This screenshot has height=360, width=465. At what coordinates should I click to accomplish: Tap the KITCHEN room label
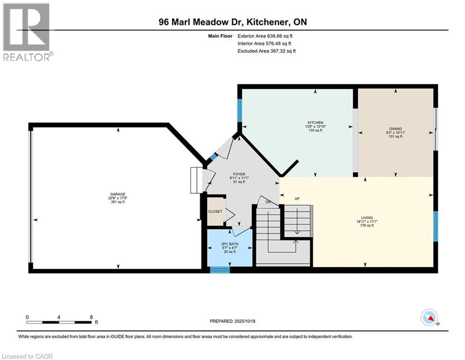point(314,123)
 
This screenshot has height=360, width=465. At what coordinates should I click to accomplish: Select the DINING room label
point(396,129)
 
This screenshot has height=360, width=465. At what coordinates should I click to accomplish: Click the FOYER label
point(239,174)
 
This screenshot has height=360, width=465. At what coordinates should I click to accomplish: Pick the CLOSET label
point(215,212)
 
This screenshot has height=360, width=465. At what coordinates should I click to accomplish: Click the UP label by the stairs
point(296,199)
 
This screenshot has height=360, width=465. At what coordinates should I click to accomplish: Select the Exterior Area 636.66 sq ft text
point(266,36)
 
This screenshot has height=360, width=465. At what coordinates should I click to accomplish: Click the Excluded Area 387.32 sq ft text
point(266,51)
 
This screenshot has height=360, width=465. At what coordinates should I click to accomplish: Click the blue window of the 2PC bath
point(220,269)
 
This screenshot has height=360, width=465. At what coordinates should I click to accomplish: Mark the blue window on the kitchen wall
point(240,111)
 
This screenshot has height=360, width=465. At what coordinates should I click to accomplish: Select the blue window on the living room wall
point(435,226)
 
